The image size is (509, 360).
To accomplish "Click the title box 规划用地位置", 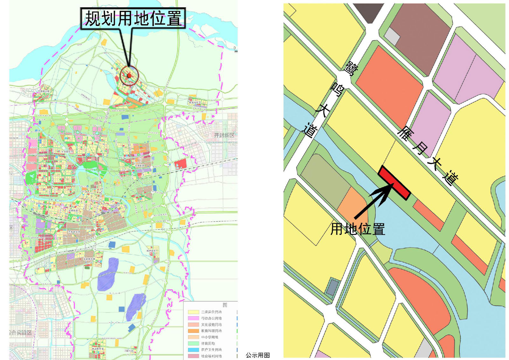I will [x=133, y=18].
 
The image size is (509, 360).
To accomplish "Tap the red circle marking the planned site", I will [x=129, y=75].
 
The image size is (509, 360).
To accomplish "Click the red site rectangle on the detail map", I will [x=394, y=183].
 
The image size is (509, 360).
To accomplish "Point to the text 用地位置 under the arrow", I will [x=358, y=229].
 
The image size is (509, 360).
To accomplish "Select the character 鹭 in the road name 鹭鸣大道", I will [x=352, y=69].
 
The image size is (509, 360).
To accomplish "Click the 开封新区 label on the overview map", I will [x=224, y=135].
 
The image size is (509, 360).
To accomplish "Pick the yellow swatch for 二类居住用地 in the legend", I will [x=193, y=312].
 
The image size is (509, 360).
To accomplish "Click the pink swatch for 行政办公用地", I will [x=193, y=318].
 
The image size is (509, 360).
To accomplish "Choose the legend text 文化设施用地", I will [x=211, y=325].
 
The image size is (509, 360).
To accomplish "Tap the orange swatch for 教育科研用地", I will [x=193, y=331].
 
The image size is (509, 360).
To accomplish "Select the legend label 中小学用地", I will [x=210, y=337].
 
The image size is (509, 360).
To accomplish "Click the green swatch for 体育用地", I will [x=193, y=343].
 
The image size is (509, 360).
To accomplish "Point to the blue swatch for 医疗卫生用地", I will [x=193, y=349].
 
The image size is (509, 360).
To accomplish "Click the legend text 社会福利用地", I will [x=211, y=356].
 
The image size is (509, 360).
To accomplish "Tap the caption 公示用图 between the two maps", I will [x=258, y=355].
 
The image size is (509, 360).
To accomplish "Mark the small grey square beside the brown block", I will [x=392, y=36].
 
